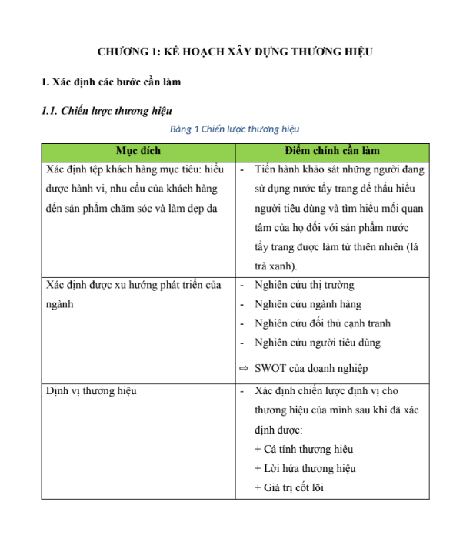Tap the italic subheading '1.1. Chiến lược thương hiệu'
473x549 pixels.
pos(105,111)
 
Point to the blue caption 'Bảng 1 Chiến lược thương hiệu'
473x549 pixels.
pos(235,129)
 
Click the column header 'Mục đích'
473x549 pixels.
pos(138,150)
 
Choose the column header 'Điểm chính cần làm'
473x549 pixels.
pos(331,150)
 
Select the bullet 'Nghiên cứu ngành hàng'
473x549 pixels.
pos(307,304)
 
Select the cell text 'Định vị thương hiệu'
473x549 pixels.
pos(91,391)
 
